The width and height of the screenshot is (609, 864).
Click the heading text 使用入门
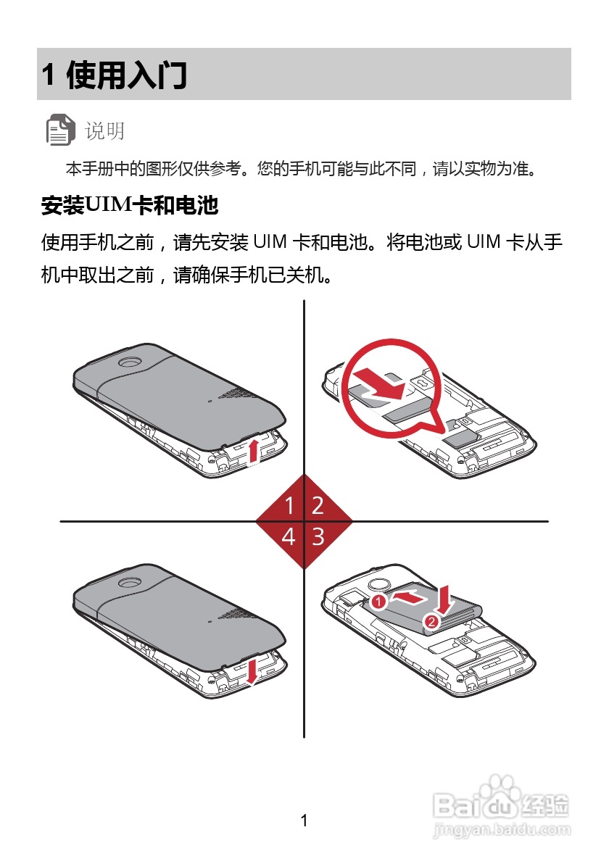(126, 75)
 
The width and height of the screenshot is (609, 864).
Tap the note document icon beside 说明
(60, 130)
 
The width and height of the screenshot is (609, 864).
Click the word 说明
(105, 131)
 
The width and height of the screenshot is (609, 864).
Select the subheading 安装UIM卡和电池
(130, 206)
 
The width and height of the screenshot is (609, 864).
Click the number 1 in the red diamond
(289, 505)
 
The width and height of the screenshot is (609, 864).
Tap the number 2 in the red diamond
(318, 505)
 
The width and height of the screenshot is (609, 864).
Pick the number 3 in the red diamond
(318, 537)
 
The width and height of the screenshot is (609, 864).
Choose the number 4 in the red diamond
(289, 537)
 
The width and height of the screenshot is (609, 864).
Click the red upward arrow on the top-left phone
(252, 451)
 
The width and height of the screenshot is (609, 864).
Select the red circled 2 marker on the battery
(431, 621)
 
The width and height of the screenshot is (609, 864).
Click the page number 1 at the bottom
(304, 821)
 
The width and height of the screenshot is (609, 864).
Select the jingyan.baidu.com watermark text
(501, 827)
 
